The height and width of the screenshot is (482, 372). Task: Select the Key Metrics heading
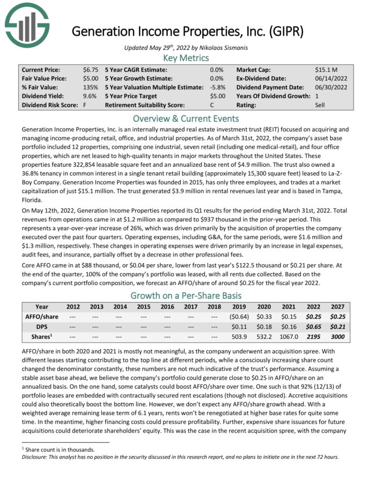[x=186, y=58]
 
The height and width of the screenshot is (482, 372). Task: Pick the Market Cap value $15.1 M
[x=327, y=70]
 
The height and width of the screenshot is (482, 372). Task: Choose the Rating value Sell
[x=321, y=105]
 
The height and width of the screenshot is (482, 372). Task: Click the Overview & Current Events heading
[x=186, y=118]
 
